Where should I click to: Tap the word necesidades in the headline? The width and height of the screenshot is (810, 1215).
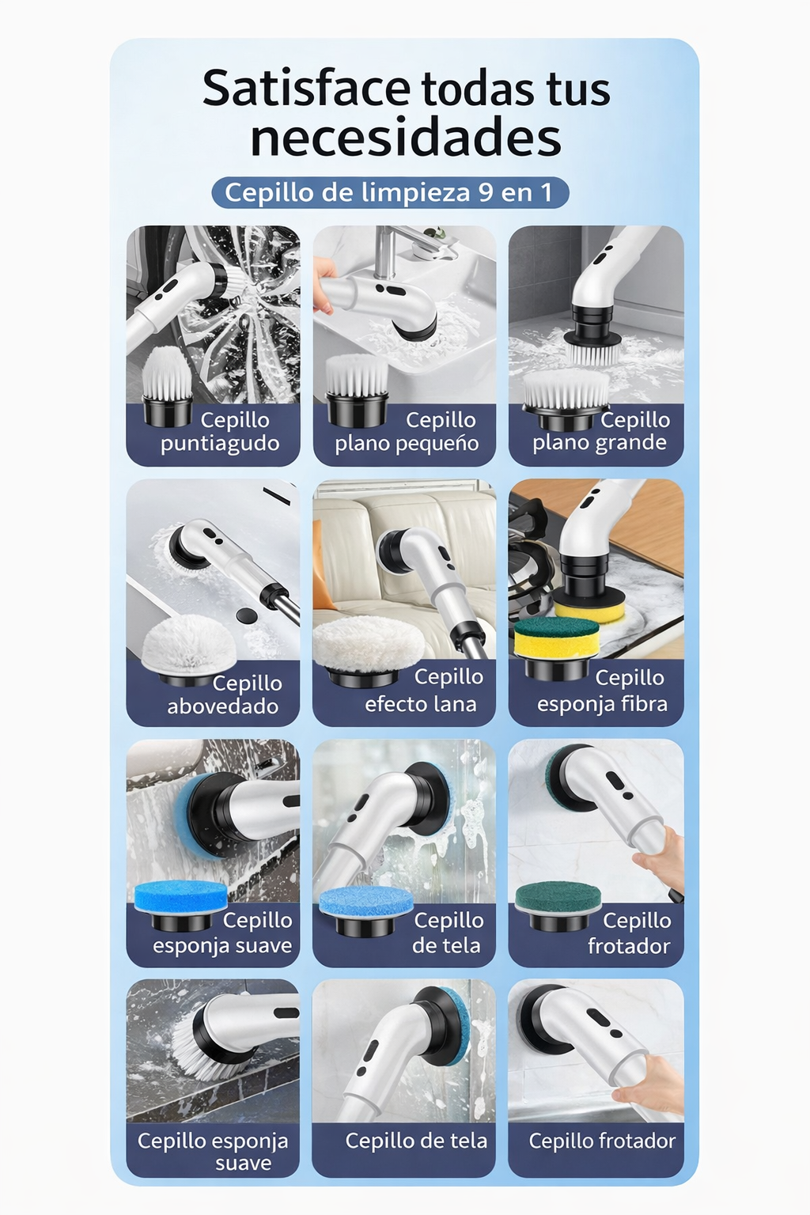(x=405, y=138)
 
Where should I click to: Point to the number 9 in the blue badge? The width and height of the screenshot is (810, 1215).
(x=486, y=192)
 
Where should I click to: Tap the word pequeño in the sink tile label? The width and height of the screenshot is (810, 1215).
(x=441, y=445)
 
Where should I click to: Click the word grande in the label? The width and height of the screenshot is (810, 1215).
(x=630, y=443)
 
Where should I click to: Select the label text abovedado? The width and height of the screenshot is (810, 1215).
(x=222, y=706)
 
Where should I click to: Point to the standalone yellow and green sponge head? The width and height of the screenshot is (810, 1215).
(x=556, y=647)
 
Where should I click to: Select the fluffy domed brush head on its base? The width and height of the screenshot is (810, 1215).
(x=188, y=650)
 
